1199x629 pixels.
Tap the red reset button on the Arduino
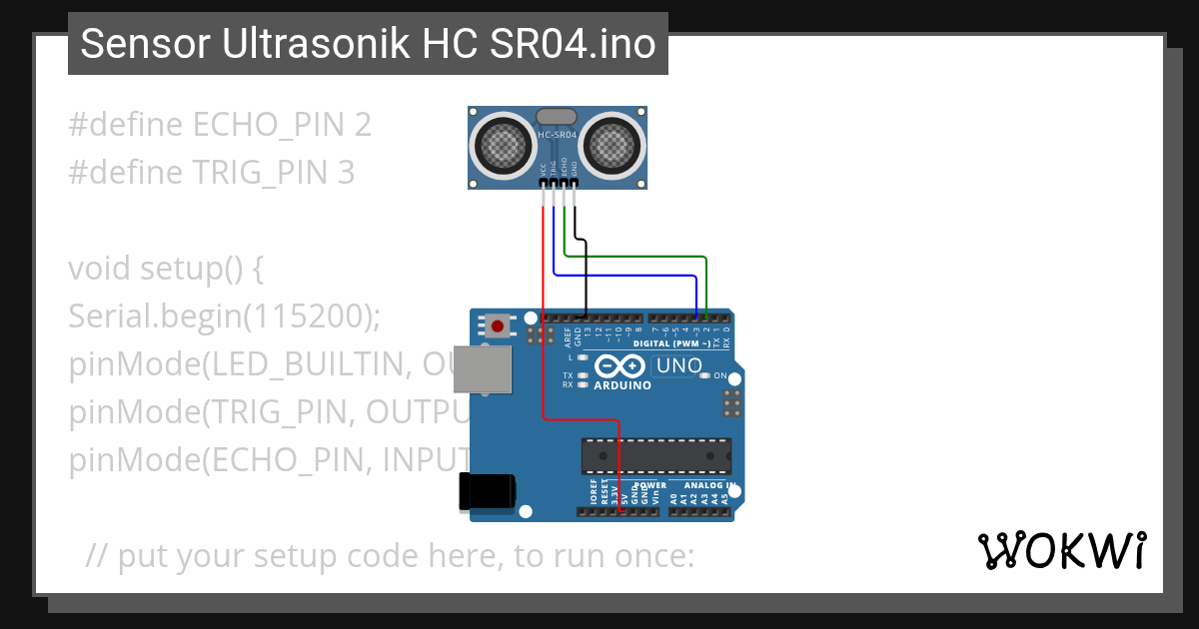498,325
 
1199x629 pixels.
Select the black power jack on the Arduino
487,492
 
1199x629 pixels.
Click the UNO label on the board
679,366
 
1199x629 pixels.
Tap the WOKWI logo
1061,550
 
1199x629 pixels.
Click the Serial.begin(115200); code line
225,316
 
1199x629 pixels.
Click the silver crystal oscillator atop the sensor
557,118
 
